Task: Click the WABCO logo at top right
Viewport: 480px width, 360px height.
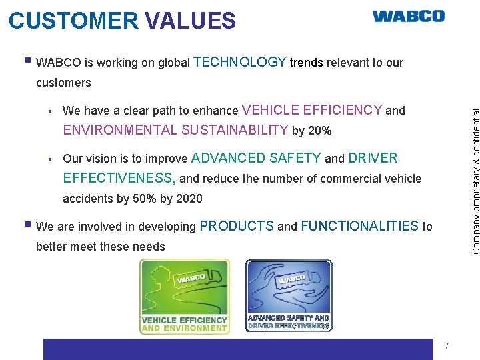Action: click(x=408, y=16)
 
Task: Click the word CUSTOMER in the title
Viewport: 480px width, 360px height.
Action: click(x=74, y=21)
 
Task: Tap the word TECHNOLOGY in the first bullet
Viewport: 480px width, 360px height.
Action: click(x=239, y=62)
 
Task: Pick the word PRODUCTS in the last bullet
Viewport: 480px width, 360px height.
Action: click(x=236, y=226)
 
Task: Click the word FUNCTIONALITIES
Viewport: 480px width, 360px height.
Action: click(x=359, y=226)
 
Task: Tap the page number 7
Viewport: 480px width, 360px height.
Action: click(x=447, y=345)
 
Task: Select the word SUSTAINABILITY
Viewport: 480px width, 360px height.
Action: click(x=234, y=130)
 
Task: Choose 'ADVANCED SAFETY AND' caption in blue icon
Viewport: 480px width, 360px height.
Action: click(x=289, y=318)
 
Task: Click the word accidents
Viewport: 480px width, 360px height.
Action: click(x=86, y=199)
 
